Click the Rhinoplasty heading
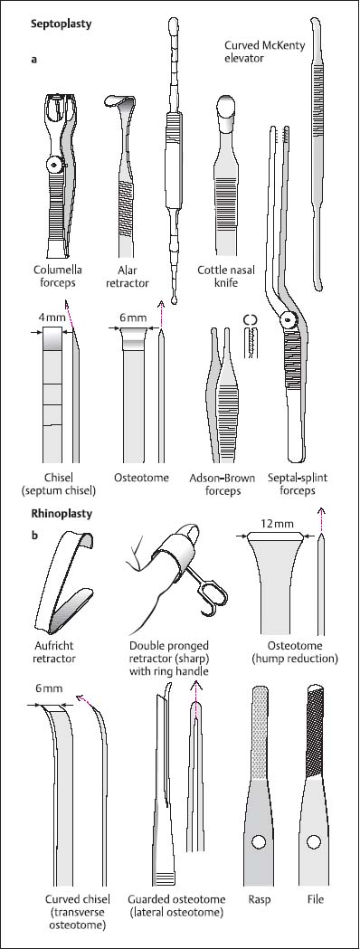[62, 514]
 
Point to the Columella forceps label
[61, 276]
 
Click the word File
[315, 898]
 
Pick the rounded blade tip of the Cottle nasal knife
[227, 108]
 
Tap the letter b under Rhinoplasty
[33, 535]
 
